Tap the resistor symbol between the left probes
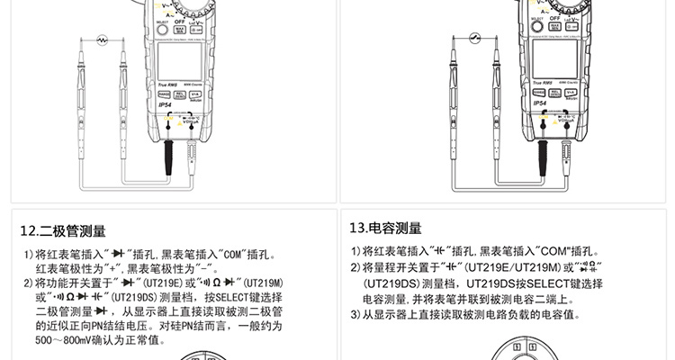coord(103,40)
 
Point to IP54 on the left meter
coord(165,104)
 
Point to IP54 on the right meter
coord(539,103)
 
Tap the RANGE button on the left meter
coord(163,93)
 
